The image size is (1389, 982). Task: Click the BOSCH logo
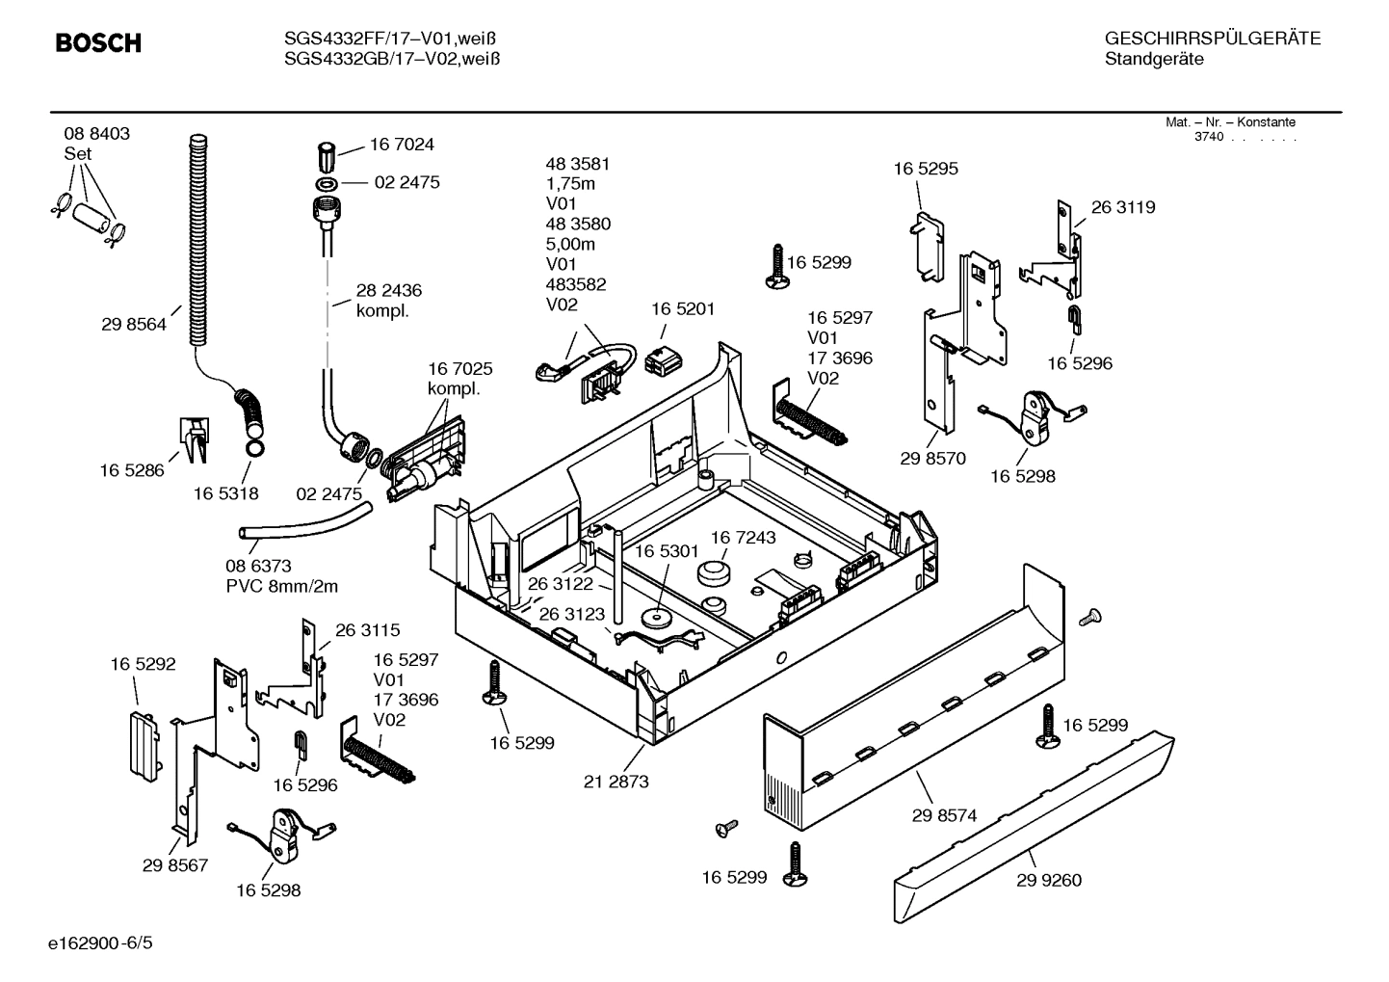click(x=98, y=43)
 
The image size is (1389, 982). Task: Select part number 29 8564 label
click(x=133, y=325)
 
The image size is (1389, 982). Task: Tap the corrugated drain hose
click(x=199, y=241)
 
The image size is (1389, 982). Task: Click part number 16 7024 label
click(x=402, y=145)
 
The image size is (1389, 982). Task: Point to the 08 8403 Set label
click(x=96, y=144)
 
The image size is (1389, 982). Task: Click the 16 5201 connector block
click(x=664, y=359)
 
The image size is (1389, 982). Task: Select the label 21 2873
click(x=616, y=782)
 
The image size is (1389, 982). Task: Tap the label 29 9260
click(x=1048, y=880)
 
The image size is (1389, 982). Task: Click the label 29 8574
click(x=944, y=815)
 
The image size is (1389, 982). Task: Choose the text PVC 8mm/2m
click(x=281, y=586)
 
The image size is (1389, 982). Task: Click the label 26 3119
click(x=1123, y=207)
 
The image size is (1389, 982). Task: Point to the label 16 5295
click(x=926, y=169)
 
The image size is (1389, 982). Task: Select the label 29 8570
click(x=932, y=459)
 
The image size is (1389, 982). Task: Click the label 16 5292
click(x=143, y=664)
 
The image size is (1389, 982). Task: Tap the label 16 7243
click(x=743, y=537)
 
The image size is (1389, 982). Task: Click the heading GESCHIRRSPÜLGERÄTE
click(x=1212, y=39)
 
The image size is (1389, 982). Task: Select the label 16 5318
click(x=225, y=493)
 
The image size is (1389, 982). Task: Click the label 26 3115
click(x=367, y=630)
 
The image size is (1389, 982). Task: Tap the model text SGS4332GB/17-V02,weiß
click(x=391, y=59)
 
